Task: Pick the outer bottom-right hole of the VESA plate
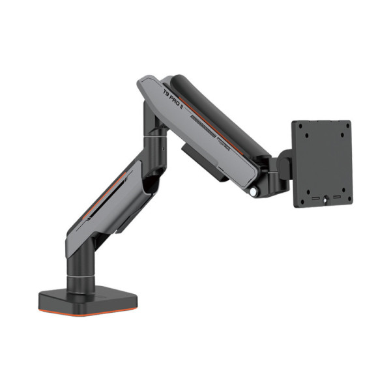[x=347, y=198]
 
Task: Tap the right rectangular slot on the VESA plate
[x=336, y=195]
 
